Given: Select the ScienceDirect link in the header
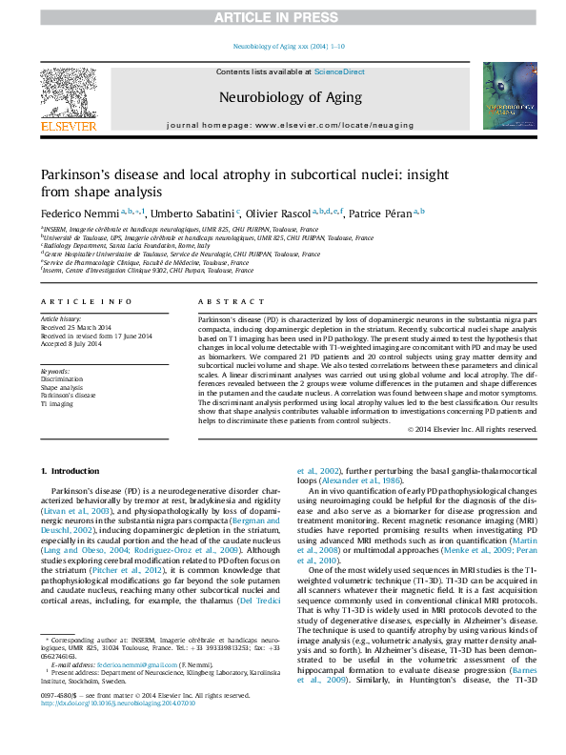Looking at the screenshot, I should click(339, 71).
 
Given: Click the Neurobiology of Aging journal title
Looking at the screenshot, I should click(290, 97).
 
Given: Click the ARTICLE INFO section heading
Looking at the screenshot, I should click(86, 301).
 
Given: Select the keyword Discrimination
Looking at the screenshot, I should click(62, 379).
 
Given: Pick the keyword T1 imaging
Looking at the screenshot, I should click(56, 404).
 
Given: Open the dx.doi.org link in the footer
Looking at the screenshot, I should click(115, 729).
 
